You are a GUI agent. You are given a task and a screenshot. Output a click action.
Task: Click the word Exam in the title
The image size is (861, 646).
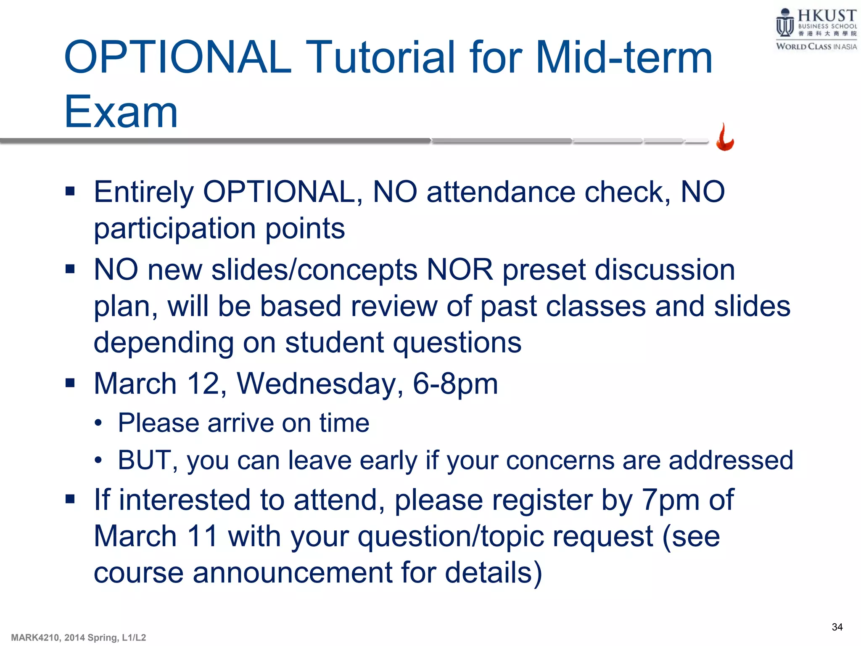tap(121, 111)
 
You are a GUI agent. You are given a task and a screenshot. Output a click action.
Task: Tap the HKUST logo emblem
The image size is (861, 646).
tap(784, 24)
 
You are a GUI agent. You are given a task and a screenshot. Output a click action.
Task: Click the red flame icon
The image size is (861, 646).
tap(725, 138)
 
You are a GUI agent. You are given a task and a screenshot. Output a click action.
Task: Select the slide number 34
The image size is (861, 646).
tap(837, 627)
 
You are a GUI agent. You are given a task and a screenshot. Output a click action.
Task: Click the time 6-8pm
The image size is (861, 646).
tap(455, 384)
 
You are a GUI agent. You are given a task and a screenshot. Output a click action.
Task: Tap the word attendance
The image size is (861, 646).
tap(501, 192)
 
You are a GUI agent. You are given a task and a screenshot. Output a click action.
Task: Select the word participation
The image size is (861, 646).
tap(174, 229)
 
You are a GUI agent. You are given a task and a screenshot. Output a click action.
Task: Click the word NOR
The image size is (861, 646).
tap(460, 270)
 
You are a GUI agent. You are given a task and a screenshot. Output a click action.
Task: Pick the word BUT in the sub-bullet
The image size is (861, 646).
tap(143, 460)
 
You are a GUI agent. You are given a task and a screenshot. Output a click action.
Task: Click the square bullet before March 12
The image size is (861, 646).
tap(70, 383)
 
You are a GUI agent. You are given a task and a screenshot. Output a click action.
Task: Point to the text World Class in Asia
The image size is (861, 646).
tap(816, 47)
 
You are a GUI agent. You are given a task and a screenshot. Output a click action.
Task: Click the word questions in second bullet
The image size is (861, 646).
tap(457, 343)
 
